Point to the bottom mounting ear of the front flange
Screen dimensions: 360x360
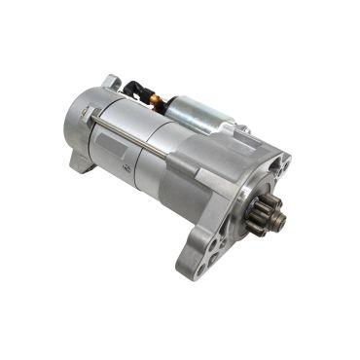pyautogui.click(x=195, y=255)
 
